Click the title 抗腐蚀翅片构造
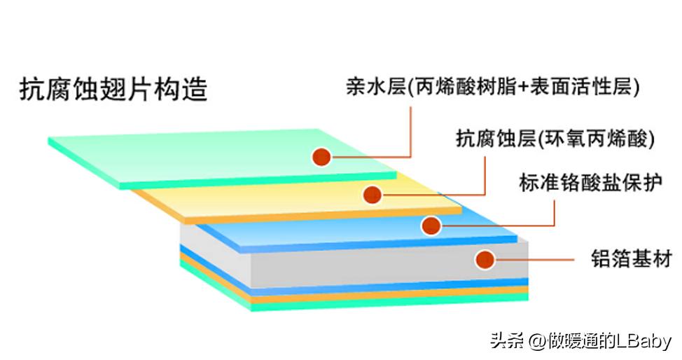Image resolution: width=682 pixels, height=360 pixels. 113,89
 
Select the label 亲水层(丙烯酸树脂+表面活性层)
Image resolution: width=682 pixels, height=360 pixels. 492,87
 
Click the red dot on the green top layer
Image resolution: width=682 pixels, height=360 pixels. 321,156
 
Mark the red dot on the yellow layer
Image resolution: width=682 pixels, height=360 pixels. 373,194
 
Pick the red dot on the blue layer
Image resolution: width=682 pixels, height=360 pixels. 431,226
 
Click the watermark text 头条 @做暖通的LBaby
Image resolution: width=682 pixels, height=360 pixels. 580,341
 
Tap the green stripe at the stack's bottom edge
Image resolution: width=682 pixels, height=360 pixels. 385,303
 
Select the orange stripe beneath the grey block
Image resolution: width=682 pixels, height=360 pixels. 385,295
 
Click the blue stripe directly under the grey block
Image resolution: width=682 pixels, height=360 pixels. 385,286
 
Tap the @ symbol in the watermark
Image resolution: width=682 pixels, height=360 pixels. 538,342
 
